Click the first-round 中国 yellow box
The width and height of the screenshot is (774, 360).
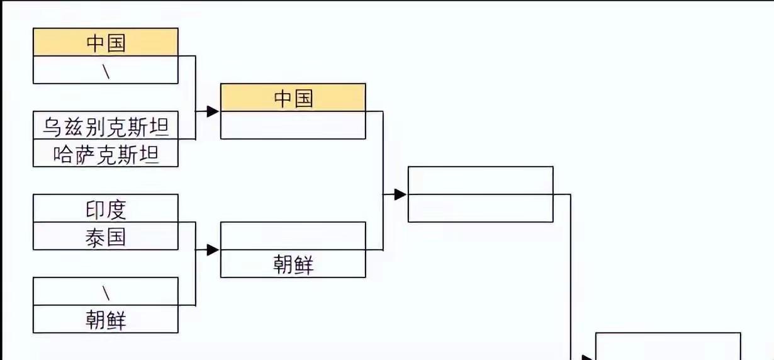pyautogui.click(x=106, y=42)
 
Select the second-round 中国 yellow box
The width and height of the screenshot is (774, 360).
pyautogui.click(x=293, y=98)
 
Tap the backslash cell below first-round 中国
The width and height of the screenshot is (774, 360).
pyautogui.click(x=106, y=70)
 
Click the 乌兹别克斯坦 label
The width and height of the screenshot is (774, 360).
pyautogui.click(x=106, y=127)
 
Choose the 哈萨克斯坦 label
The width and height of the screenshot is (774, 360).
pyautogui.click(x=106, y=154)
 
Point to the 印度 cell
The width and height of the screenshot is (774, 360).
pyautogui.click(x=106, y=208)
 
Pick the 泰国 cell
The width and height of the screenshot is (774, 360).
pyautogui.click(x=106, y=236)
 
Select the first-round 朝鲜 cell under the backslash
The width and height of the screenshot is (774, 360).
pyautogui.click(x=106, y=319)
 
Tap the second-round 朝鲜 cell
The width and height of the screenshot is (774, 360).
pyautogui.click(x=293, y=264)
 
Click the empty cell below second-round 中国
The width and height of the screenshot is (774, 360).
pyautogui.click(x=293, y=125)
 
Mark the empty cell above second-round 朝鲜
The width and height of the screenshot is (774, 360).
pyautogui.click(x=293, y=236)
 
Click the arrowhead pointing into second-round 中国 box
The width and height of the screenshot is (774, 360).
pyautogui.click(x=213, y=111)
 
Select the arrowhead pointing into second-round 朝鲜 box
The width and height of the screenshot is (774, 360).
pyautogui.click(x=213, y=250)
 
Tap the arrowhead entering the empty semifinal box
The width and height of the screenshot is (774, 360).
pyautogui.click(x=400, y=194)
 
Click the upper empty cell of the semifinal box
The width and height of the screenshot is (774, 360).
pyautogui.click(x=480, y=181)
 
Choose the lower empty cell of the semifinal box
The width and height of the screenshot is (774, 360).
pyautogui.click(x=480, y=208)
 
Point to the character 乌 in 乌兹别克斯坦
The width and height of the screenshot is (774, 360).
pyautogui.click(x=52, y=127)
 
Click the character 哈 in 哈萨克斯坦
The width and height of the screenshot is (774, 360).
pyautogui.click(x=62, y=154)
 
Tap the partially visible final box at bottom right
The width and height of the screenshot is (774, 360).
pyautogui.click(x=668, y=346)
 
